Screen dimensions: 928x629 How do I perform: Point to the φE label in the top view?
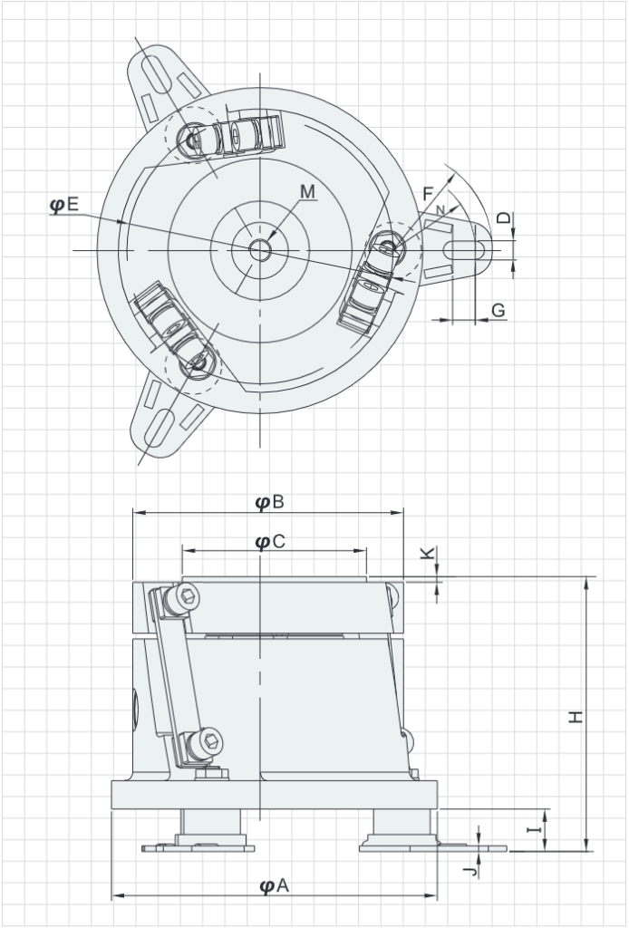click(64, 205)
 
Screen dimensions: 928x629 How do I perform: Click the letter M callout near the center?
click(307, 191)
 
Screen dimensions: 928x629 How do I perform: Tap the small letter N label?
click(441, 210)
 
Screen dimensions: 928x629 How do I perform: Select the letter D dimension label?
click(504, 219)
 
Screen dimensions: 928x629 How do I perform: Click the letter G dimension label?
click(498, 310)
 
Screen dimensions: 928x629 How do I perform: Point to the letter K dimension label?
click(428, 555)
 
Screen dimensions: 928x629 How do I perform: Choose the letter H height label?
click(575, 717)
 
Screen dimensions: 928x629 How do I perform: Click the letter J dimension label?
click(466, 872)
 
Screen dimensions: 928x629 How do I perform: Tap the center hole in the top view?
click(260, 250)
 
